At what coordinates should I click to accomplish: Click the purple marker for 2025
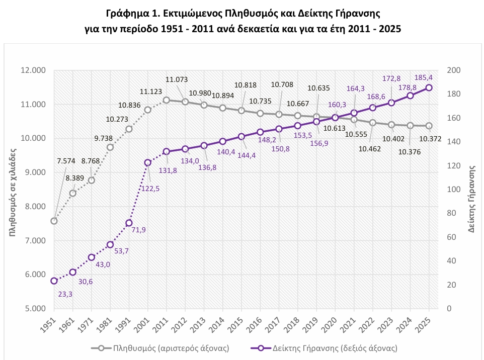pyautogui.click(x=429, y=87)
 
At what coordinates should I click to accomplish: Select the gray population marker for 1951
pyautogui.click(x=54, y=221)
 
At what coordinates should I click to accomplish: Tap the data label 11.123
pyautogui.click(x=151, y=92)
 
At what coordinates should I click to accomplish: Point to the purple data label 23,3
pyautogui.click(x=65, y=294)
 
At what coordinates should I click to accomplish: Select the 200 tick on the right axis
pyautogui.click(x=453, y=70)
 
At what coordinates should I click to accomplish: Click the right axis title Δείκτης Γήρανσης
pyautogui.click(x=472, y=199)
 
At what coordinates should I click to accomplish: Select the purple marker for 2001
pyautogui.click(x=148, y=162)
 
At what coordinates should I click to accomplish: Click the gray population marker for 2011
pyautogui.click(x=167, y=100)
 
